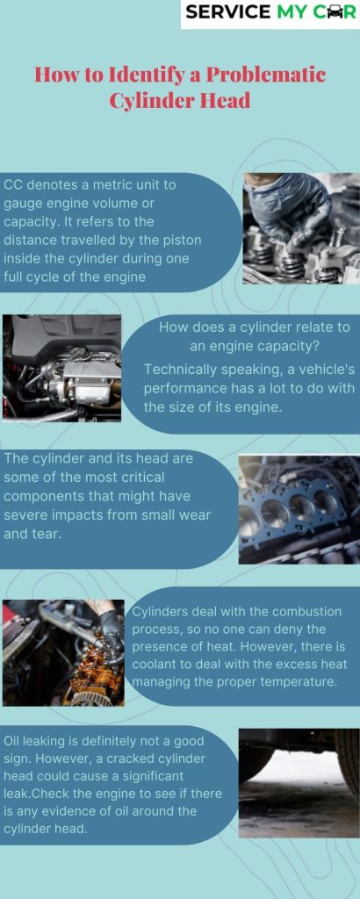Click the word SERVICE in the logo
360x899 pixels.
228,11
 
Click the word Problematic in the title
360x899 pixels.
266,76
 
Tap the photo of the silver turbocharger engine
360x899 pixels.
62,368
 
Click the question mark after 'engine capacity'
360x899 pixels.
316,347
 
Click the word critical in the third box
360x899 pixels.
143,477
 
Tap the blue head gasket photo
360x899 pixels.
299,509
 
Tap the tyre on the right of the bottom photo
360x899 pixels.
348,763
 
